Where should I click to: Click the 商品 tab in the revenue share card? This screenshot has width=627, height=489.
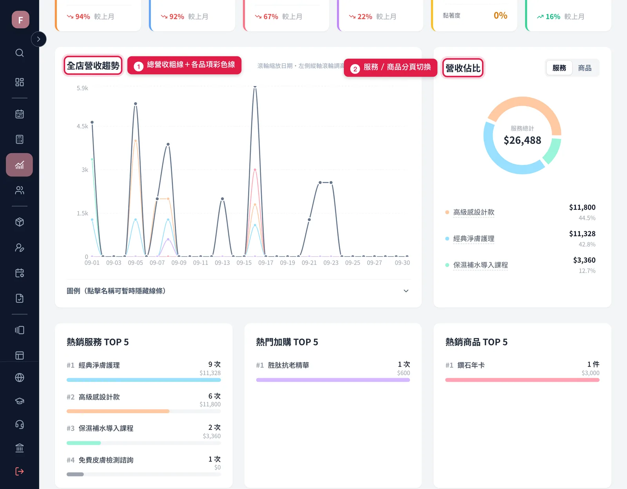(x=585, y=68)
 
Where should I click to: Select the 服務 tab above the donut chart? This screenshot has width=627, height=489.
(x=559, y=68)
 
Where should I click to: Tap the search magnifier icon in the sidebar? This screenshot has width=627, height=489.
(x=19, y=53)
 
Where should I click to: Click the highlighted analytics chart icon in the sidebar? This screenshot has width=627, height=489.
(x=19, y=165)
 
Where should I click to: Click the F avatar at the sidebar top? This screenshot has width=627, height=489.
(x=20, y=20)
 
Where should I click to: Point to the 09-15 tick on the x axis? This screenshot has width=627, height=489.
(x=244, y=262)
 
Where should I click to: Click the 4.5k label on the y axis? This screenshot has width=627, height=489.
(x=82, y=126)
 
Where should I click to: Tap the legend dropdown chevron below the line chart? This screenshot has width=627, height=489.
(x=406, y=291)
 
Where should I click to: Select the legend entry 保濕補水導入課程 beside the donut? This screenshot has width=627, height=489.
(x=480, y=265)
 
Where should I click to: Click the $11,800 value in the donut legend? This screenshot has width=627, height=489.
(x=582, y=207)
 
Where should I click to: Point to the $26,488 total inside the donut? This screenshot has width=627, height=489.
(x=522, y=140)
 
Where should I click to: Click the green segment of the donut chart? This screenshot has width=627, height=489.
(x=553, y=151)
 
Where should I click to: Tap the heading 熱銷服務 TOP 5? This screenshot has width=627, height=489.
(x=98, y=342)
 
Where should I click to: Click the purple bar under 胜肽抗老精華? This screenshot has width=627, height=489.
(x=333, y=380)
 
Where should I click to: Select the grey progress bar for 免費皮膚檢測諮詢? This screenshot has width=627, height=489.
(x=75, y=474)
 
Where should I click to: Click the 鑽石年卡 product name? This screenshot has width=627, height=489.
(x=471, y=365)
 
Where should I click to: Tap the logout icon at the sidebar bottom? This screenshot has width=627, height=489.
(x=19, y=471)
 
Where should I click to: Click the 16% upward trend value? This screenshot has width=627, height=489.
(x=553, y=17)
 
